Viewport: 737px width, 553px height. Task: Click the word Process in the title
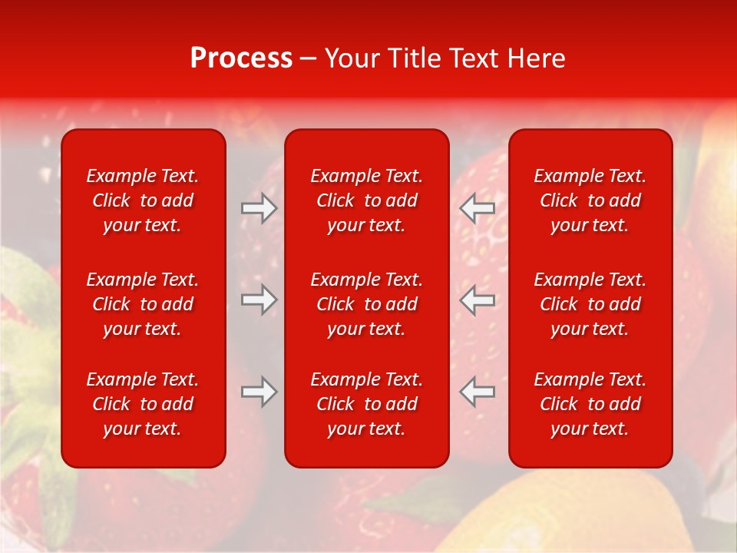tap(241, 58)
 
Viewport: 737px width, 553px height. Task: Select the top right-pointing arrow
tap(259, 208)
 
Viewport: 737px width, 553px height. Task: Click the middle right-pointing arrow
tap(259, 300)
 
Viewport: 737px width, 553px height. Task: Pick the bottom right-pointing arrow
tap(259, 392)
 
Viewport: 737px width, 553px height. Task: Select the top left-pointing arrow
tap(477, 208)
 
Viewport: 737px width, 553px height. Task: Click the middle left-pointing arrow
tap(477, 300)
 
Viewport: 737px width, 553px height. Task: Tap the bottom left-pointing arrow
tap(477, 392)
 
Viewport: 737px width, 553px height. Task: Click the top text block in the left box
tap(143, 200)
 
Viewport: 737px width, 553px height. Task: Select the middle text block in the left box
tap(143, 304)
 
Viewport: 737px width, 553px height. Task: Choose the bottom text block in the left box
tap(143, 404)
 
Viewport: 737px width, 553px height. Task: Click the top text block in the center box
tap(366, 200)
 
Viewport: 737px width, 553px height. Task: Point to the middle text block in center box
tap(366, 304)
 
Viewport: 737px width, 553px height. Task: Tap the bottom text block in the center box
tap(366, 404)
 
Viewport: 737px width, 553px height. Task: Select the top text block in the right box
tap(590, 200)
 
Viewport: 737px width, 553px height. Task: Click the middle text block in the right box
tap(590, 304)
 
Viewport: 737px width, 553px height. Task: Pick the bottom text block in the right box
tap(590, 404)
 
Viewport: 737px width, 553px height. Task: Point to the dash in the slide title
tap(308, 59)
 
